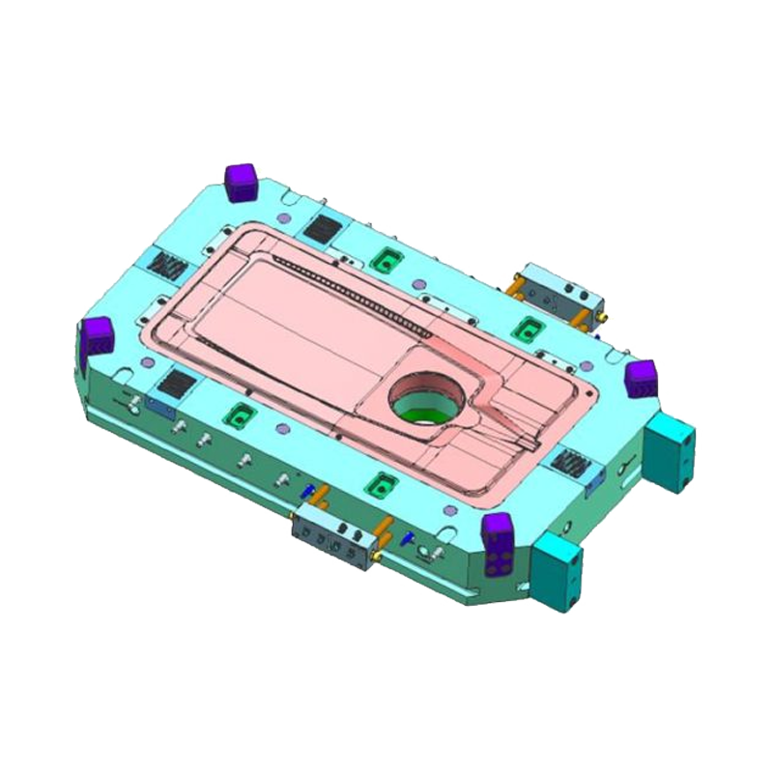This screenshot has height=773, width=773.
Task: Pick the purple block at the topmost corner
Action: [x=238, y=182]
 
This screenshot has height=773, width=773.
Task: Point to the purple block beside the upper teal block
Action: [x=639, y=377]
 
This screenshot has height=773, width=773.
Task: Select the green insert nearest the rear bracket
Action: [x=528, y=326]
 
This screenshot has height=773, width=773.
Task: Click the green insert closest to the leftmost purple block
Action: [x=236, y=415]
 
